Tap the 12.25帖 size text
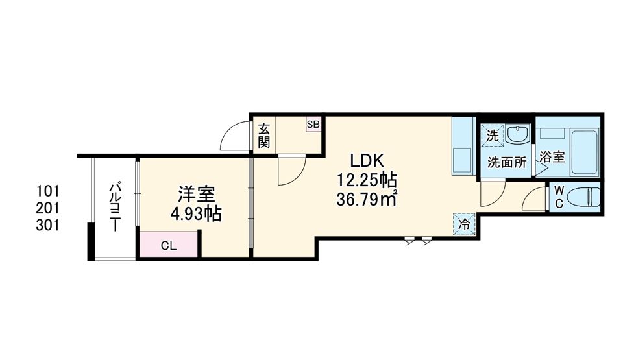(367, 180)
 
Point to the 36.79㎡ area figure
(367, 198)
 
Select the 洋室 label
(197, 194)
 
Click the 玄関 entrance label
(263, 135)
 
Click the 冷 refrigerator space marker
(465, 224)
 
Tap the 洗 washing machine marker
(493, 136)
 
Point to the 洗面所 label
(507, 163)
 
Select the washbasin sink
(517, 135)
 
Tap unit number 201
(48, 208)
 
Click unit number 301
(48, 225)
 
